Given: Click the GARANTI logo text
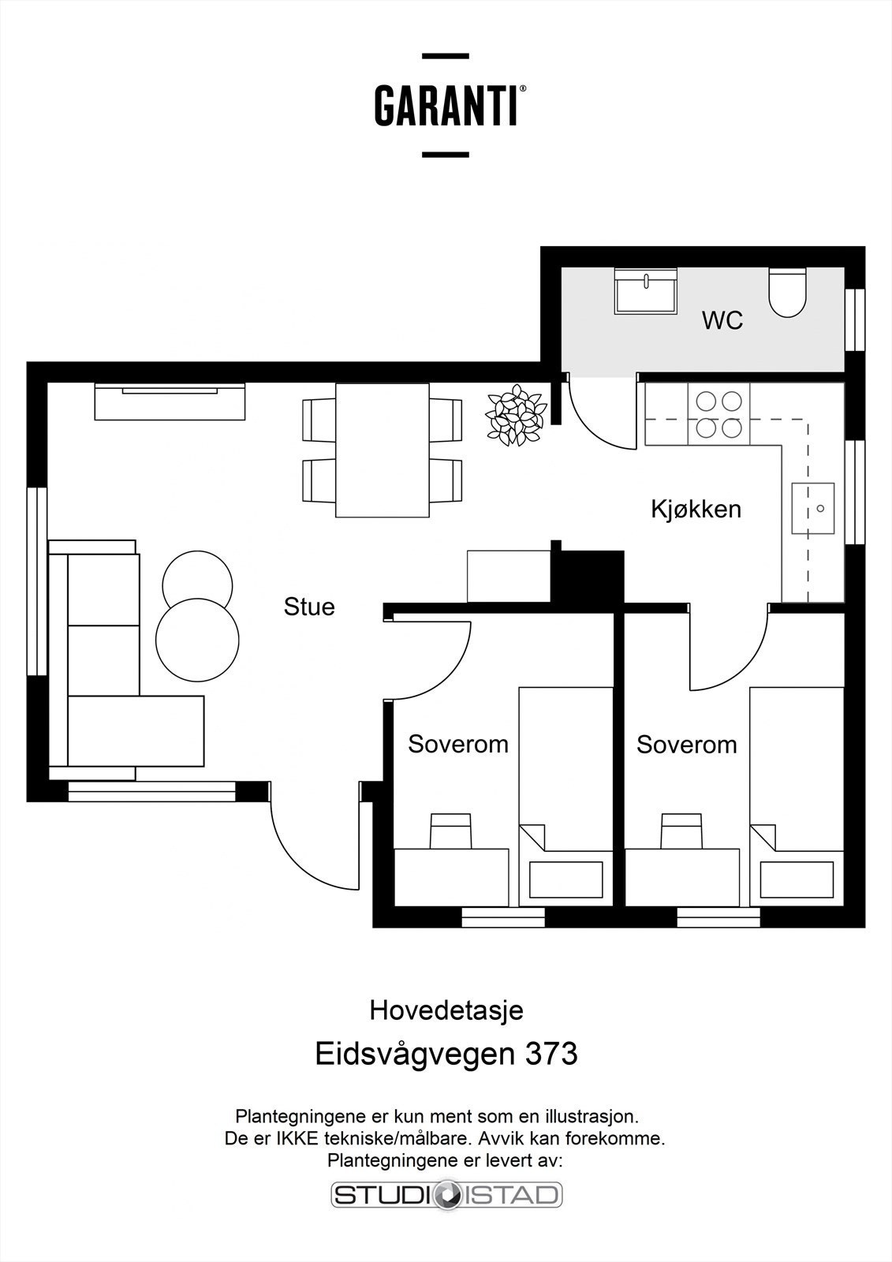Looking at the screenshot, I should point(446,106).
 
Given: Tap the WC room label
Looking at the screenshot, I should point(722,321).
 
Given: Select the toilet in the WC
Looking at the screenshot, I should point(787,293).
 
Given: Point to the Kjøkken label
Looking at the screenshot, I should point(696,510).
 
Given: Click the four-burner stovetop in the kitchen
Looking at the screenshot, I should point(718,415).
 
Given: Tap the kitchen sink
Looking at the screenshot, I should point(812,509).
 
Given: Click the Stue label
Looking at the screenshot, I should point(309,607).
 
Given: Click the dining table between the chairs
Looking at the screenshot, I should point(383,450).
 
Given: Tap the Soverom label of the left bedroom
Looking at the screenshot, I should point(457,744).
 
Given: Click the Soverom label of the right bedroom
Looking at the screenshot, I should point(686,745).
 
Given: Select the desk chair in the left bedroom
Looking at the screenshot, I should point(451,831).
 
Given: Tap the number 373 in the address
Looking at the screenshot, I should point(551,1054).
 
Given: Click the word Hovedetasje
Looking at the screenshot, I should point(446,1010).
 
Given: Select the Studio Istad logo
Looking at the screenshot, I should point(446,1194).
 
